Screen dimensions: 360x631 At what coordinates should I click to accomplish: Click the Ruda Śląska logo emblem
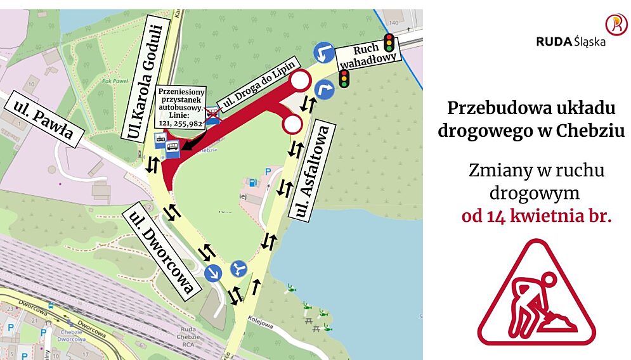pyautogui.click(x=615, y=24)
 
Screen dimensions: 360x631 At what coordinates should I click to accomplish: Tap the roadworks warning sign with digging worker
pyautogui.click(x=536, y=293)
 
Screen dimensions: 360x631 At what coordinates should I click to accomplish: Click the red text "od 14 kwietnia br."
pyautogui.click(x=537, y=216)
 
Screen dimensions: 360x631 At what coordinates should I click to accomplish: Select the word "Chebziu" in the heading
pyautogui.click(x=590, y=131)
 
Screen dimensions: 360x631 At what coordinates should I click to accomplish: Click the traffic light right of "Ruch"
pyautogui.click(x=389, y=44)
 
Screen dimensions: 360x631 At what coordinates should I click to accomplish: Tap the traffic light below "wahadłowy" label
pyautogui.click(x=344, y=79)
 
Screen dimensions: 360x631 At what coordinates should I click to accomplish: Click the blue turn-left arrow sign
pyautogui.click(x=324, y=53)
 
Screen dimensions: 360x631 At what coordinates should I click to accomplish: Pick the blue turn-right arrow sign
pyautogui.click(x=325, y=89)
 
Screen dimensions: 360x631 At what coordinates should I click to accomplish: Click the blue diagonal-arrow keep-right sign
pyautogui.click(x=213, y=273)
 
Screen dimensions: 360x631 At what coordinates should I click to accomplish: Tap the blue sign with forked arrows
pyautogui.click(x=238, y=269)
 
